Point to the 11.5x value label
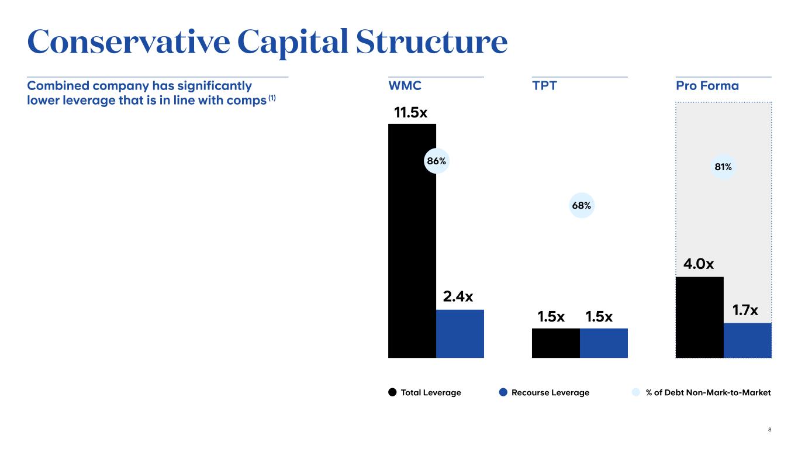pyautogui.click(x=410, y=112)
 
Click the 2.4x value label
pyautogui.click(x=458, y=297)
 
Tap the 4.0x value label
pyautogui.click(x=699, y=264)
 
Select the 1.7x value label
pyautogui.click(x=745, y=311)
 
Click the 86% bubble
pyautogui.click(x=436, y=160)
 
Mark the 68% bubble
pyautogui.click(x=581, y=205)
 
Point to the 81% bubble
pyautogui.click(x=723, y=167)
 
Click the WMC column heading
pyautogui.click(x=405, y=86)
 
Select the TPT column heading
pyautogui.click(x=544, y=86)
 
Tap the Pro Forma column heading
pyautogui.click(x=707, y=86)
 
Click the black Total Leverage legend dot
pyautogui.click(x=393, y=392)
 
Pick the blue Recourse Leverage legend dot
pyautogui.click(x=503, y=392)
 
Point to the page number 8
pyautogui.click(x=769, y=430)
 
